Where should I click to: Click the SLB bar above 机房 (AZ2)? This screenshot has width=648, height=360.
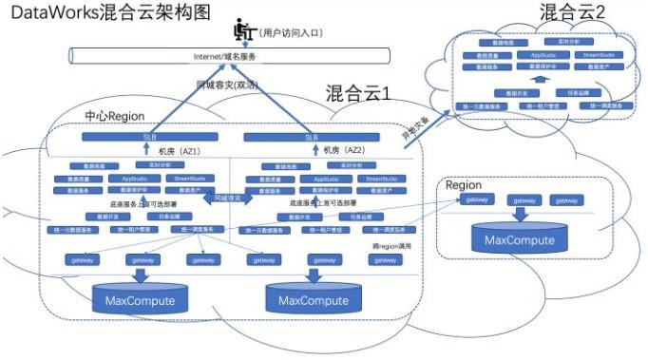pos(311,138)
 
